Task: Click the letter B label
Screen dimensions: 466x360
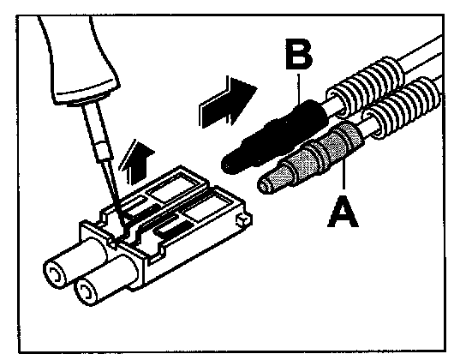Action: tap(298, 54)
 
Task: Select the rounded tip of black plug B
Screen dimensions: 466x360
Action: tap(228, 164)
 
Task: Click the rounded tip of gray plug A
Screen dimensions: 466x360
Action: tap(265, 185)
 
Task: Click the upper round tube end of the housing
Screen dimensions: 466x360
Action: tap(55, 274)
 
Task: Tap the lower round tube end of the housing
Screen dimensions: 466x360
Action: tap(86, 292)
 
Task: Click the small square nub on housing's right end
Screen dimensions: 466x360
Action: tap(243, 220)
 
